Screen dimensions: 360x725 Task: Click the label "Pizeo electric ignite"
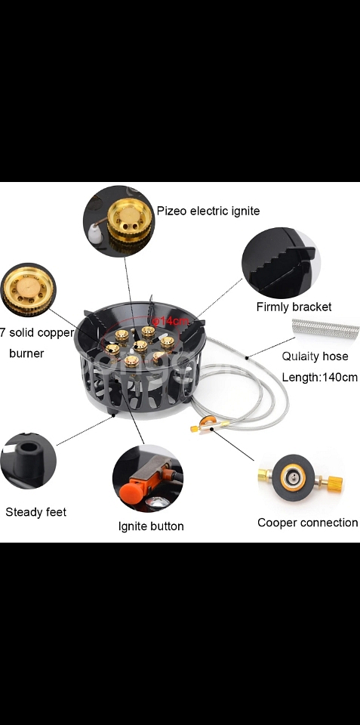tap(208, 211)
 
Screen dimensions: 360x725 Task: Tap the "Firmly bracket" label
tap(294, 307)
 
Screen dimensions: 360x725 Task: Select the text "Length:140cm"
tap(320, 378)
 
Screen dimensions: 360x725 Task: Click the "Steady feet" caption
tap(36, 512)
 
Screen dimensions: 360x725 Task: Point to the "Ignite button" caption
tap(151, 526)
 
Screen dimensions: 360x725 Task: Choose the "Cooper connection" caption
tap(308, 523)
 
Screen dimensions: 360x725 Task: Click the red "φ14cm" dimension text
tap(171, 321)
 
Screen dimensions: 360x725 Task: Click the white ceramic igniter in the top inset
tap(95, 232)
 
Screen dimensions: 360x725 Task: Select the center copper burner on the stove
tap(140, 345)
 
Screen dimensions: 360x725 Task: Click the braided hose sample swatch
tap(326, 329)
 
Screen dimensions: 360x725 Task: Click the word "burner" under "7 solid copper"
tap(26, 353)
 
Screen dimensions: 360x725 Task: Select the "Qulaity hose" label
tap(315, 356)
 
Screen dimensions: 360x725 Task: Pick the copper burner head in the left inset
tap(28, 290)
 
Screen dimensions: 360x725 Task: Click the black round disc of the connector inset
tap(294, 477)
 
